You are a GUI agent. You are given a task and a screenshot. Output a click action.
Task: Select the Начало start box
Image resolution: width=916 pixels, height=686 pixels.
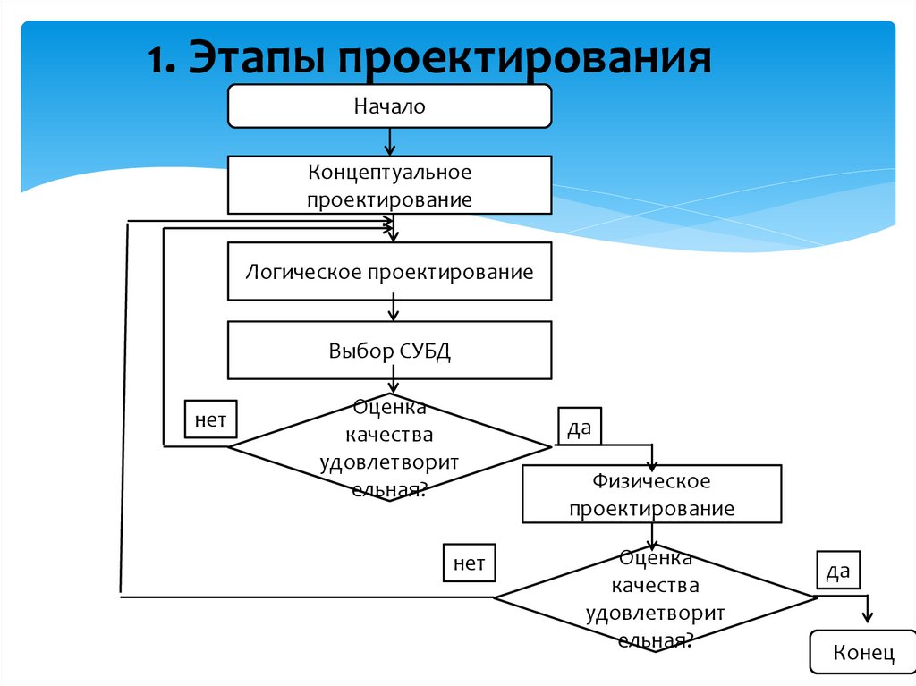pos(390,106)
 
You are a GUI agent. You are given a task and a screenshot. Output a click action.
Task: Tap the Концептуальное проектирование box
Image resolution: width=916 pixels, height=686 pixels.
pos(390,185)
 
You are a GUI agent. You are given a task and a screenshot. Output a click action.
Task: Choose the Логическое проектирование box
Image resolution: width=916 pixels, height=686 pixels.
pos(390,271)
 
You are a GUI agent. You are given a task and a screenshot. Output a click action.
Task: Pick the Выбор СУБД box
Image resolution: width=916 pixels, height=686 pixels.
pos(390,350)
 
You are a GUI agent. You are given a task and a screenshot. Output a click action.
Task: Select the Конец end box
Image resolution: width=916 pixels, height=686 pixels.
pos(863,652)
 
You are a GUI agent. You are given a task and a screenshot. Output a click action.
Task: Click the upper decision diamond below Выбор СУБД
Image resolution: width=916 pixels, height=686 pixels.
pos(389,447)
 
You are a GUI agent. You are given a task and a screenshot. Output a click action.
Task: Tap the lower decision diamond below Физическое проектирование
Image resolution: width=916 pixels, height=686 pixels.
pos(654,597)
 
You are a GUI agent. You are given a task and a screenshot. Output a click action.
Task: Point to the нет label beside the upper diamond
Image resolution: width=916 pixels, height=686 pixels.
pos(210,419)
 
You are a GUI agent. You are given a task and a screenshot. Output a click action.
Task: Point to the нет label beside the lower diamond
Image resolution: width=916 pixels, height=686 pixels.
pos(469,563)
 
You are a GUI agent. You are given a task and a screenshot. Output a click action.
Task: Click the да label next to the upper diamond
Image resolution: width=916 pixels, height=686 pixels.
pos(580,428)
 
